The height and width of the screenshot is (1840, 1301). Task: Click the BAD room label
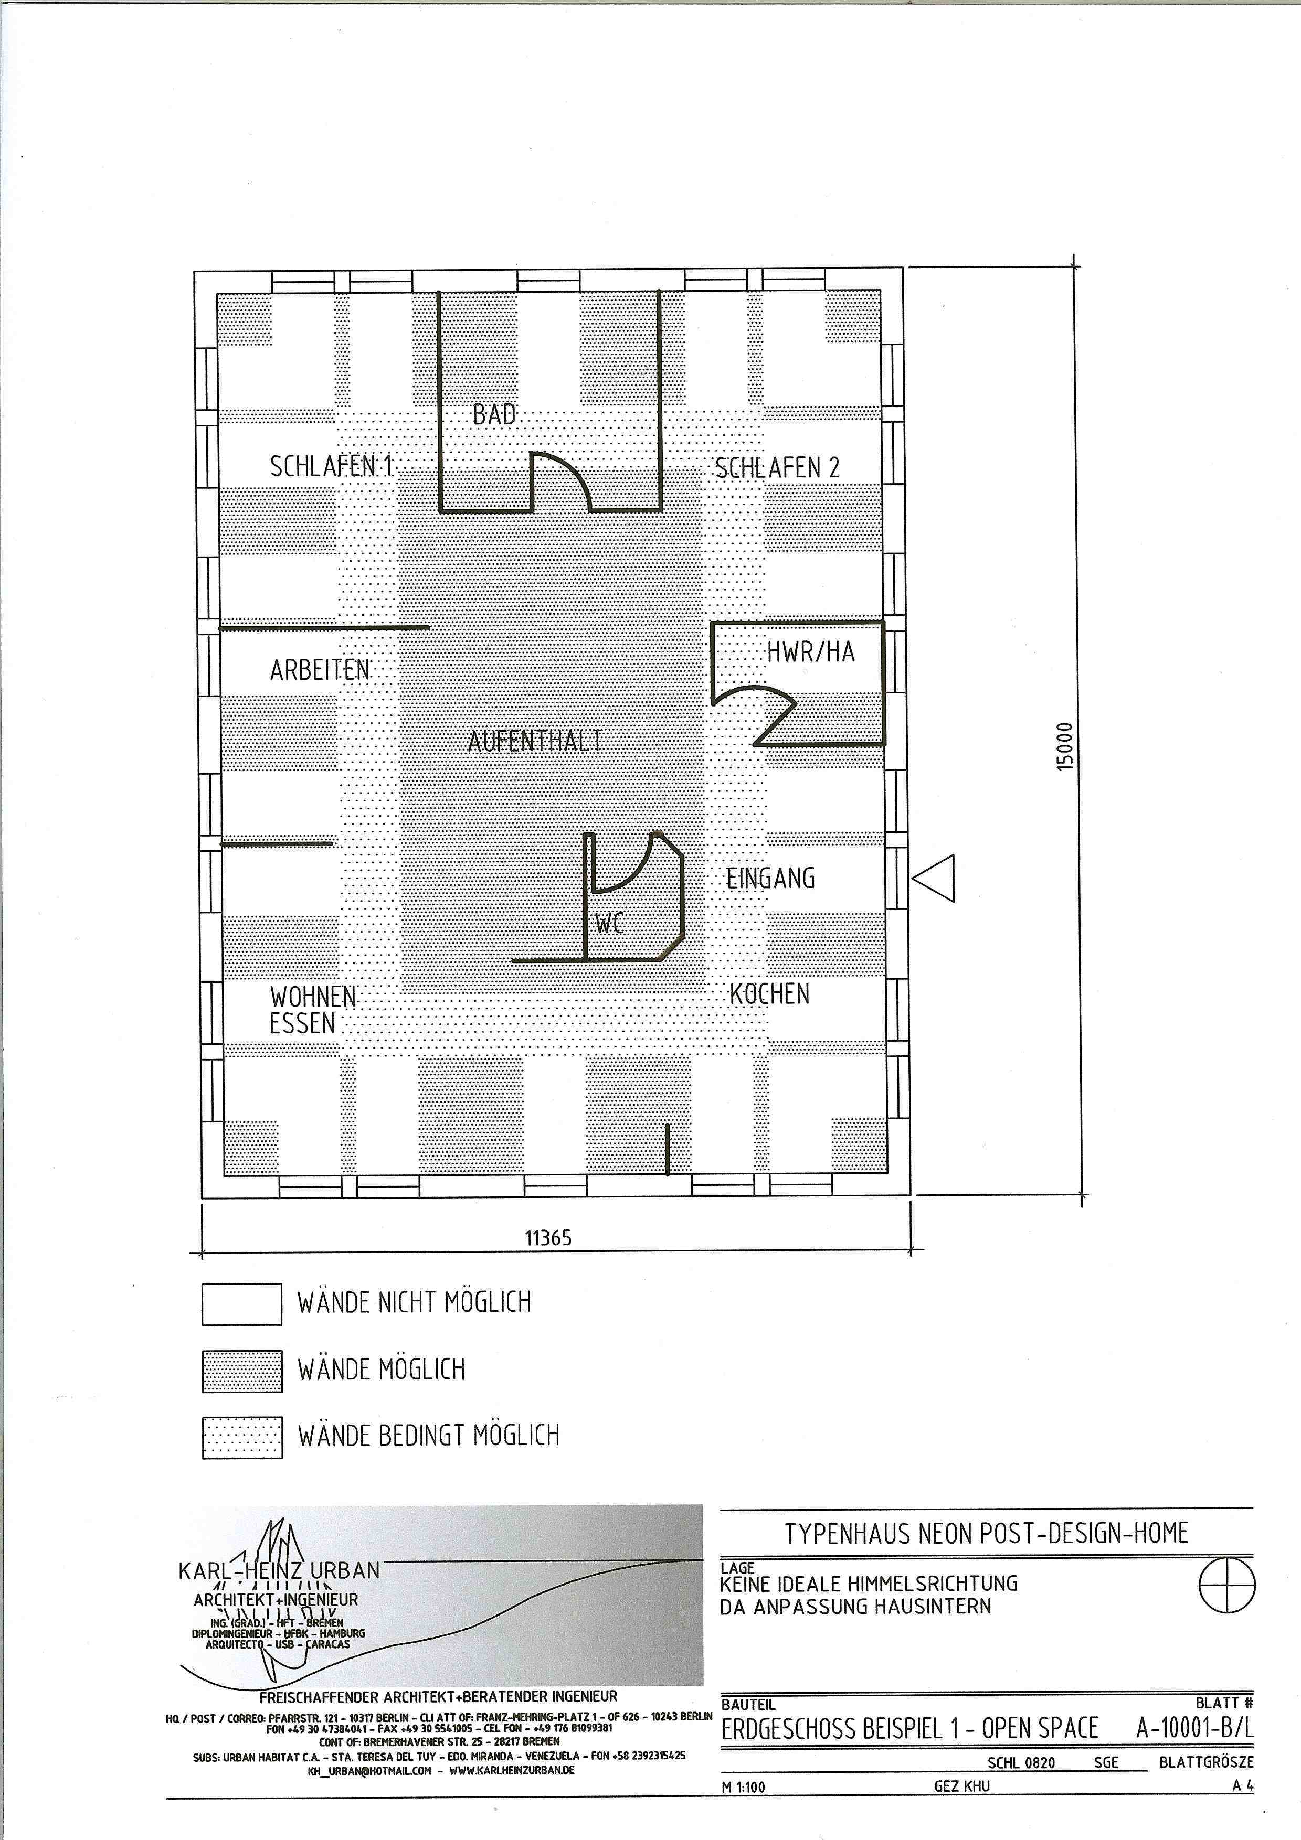[x=494, y=414]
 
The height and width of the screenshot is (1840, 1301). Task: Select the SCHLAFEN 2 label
[x=777, y=468]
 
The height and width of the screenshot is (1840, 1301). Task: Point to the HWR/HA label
[x=811, y=652]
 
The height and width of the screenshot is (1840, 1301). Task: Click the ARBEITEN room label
[x=320, y=670]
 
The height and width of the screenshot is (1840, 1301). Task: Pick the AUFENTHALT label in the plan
[x=535, y=741]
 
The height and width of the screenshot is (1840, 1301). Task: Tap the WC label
[x=609, y=925]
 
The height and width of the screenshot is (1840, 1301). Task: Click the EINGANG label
[x=770, y=879]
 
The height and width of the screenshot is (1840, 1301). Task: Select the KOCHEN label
[x=769, y=994]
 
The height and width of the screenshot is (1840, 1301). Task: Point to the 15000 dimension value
[x=1064, y=747]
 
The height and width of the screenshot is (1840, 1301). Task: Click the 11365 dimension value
[x=548, y=1238]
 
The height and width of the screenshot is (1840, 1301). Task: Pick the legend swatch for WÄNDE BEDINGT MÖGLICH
[x=241, y=1438]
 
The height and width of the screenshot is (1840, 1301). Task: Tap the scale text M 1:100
[x=743, y=1786]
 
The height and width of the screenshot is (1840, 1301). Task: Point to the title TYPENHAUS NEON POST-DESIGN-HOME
[x=986, y=1533]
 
